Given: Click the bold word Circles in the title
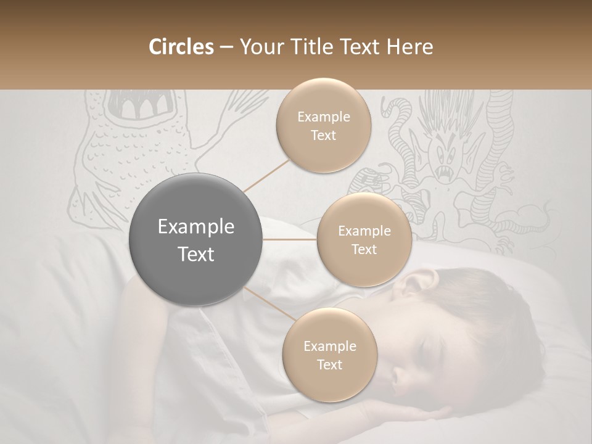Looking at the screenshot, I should (181, 47).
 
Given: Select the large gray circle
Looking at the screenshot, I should (196, 239).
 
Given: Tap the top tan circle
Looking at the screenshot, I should (323, 125).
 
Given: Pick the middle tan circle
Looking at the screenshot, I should (364, 239).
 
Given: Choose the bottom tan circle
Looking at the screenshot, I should (329, 355).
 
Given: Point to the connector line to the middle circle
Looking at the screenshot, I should (290, 239).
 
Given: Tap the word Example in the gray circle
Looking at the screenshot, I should (196, 227).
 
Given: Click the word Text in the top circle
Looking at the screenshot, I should (323, 135).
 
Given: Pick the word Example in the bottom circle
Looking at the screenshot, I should (329, 346).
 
